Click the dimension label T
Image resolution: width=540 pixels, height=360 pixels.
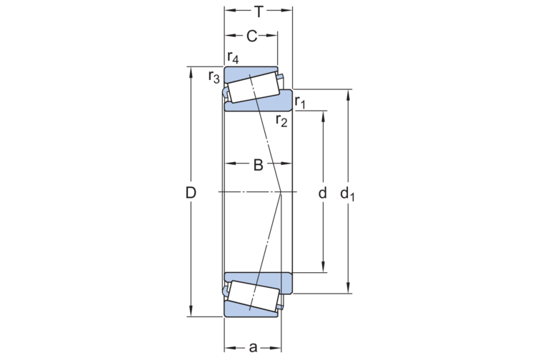[259, 12]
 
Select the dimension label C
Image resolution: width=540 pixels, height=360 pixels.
[251, 36]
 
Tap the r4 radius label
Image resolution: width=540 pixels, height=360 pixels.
[233, 58]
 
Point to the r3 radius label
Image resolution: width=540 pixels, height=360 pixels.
[214, 77]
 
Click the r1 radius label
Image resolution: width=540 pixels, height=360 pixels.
[300, 102]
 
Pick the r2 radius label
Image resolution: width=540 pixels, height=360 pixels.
[281, 121]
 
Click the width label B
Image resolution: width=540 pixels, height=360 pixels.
[259, 165]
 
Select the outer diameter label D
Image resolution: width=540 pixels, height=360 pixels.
[191, 193]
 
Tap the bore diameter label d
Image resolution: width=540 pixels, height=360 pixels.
[322, 193]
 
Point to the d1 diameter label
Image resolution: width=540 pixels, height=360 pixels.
[347, 194]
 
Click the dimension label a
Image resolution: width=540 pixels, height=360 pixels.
[253, 348]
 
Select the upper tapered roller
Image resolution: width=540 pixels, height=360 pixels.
[254, 88]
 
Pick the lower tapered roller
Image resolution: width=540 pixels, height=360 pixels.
[254, 296]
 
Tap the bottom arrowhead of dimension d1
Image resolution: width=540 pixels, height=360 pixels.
[348, 288]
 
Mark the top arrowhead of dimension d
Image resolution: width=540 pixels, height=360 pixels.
[323, 116]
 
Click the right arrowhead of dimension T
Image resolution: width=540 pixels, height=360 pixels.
[287, 10]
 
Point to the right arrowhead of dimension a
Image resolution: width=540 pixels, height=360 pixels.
[276, 348]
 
